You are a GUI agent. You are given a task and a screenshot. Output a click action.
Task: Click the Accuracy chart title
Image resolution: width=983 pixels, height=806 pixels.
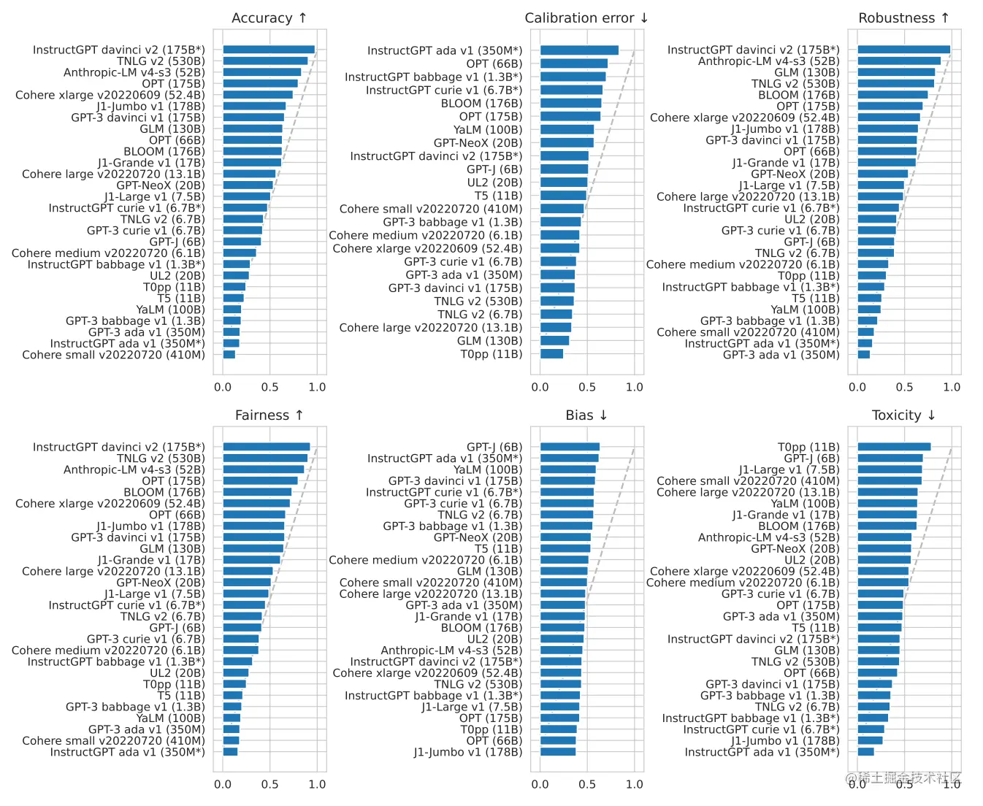click(269, 18)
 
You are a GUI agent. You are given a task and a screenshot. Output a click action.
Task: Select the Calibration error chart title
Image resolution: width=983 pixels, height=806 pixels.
click(586, 18)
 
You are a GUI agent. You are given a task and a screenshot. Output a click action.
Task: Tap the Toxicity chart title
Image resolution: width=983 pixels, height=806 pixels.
click(903, 415)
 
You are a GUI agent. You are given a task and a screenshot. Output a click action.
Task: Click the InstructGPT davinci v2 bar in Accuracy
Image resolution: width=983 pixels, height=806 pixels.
click(269, 50)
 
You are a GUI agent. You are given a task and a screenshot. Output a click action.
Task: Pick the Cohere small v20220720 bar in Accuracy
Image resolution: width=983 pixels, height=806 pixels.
click(229, 355)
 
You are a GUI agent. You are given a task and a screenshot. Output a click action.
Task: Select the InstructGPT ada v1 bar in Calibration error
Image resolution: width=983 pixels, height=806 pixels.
click(579, 50)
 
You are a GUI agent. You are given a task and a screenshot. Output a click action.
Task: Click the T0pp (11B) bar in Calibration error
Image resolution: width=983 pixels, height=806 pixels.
click(551, 354)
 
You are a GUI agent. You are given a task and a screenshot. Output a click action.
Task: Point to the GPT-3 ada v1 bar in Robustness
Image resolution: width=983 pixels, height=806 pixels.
click(864, 355)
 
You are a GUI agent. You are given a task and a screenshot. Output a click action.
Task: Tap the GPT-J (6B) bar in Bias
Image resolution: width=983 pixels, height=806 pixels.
click(570, 447)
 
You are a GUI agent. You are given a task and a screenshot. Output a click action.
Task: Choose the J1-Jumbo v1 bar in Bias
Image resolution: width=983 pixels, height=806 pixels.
click(558, 752)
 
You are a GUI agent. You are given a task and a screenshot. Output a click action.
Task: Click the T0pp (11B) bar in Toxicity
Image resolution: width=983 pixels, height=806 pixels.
click(894, 447)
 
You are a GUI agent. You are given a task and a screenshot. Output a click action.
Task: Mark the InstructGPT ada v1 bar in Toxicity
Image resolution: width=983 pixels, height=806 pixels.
click(866, 752)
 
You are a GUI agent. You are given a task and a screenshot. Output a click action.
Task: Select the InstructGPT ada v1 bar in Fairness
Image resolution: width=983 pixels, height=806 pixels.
click(230, 752)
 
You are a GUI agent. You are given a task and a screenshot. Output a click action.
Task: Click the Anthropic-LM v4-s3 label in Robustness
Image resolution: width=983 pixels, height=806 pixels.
click(768, 61)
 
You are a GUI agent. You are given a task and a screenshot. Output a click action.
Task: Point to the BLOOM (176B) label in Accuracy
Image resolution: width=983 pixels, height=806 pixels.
click(164, 152)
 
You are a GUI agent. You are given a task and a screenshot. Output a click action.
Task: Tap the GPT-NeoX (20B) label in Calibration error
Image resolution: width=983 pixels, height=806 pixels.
click(478, 143)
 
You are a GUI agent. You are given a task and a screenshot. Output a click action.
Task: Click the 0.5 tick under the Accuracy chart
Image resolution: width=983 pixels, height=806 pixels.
click(269, 387)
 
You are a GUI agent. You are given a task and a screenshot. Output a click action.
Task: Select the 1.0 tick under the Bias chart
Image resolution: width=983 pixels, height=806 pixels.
click(634, 784)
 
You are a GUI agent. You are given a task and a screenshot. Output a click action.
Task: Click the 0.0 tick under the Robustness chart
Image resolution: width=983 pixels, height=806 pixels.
click(857, 387)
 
